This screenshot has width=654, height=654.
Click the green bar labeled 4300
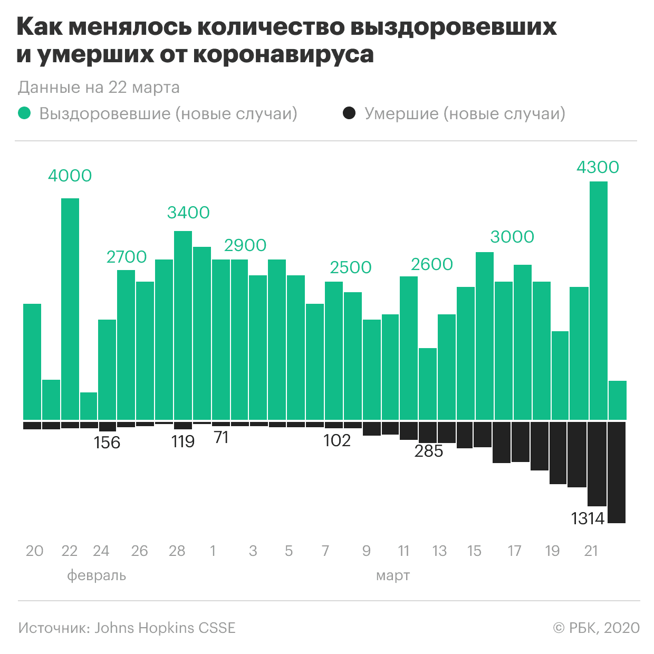click(598, 301)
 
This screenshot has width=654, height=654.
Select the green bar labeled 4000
click(70, 309)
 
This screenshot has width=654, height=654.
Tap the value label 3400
click(188, 213)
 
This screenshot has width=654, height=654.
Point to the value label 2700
click(127, 257)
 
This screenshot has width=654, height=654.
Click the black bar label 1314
click(588, 518)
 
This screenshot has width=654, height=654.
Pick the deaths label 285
click(429, 451)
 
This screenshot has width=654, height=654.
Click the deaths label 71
click(221, 437)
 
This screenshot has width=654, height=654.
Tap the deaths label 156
click(107, 443)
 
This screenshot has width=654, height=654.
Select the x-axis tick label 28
click(177, 551)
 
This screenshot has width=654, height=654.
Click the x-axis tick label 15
click(474, 551)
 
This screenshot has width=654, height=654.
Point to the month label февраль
click(97, 575)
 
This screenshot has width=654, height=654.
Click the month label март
click(393, 575)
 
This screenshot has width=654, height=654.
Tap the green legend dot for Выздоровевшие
click(24, 113)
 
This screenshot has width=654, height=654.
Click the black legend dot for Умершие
click(349, 113)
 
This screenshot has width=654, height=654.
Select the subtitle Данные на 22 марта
click(99, 87)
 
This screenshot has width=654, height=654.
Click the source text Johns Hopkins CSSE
click(165, 628)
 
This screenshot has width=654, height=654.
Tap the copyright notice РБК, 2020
click(596, 628)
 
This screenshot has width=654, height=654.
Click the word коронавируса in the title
click(283, 54)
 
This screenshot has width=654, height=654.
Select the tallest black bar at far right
click(617, 472)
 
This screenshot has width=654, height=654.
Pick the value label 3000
click(512, 237)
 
